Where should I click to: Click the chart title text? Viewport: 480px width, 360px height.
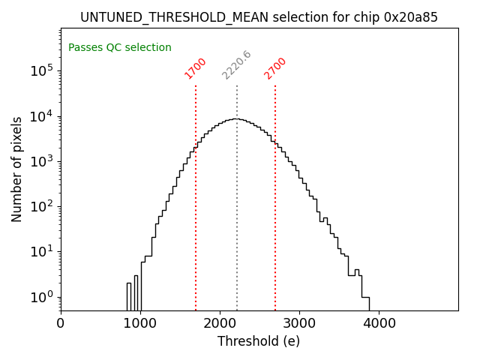[259, 17]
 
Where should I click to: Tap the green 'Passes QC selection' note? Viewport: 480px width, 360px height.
[120, 48]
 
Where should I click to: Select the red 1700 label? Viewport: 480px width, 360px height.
[195, 68]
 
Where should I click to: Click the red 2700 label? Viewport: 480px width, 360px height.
[275, 68]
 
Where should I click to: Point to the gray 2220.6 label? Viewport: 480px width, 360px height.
[236, 65]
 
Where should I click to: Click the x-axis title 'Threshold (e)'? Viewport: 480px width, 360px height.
[259, 341]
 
